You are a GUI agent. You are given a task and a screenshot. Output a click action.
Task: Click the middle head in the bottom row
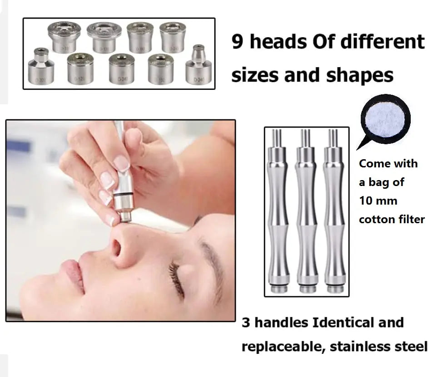[x=121, y=69]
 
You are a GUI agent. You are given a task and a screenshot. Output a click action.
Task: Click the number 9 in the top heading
[x=237, y=42]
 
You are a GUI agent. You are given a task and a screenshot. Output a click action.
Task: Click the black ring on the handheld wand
[x=122, y=196]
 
